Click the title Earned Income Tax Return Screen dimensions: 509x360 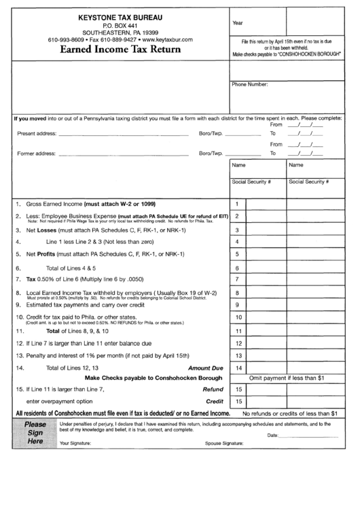120,49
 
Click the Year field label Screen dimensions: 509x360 238,23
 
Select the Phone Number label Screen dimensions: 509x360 250,85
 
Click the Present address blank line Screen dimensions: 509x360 123,134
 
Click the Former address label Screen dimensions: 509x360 36,154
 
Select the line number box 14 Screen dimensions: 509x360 238,368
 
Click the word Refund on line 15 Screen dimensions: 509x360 213,389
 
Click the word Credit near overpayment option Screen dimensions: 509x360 215,401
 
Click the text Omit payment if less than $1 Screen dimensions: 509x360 288,377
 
